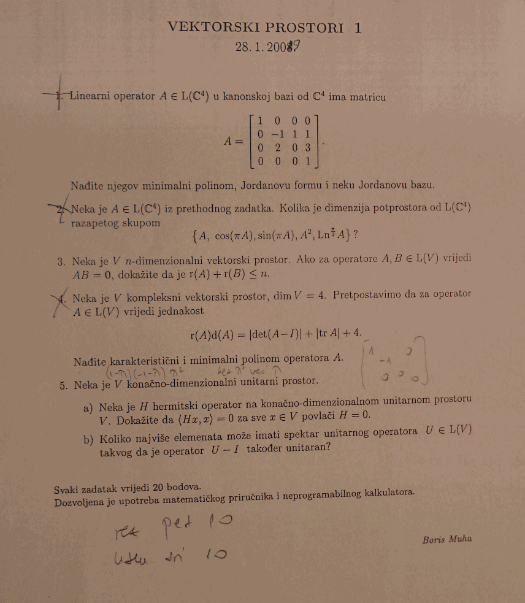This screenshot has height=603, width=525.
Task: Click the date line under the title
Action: (269, 47)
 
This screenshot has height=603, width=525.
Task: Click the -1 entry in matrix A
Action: (278, 134)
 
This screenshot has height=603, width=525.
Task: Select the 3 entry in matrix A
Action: (307, 148)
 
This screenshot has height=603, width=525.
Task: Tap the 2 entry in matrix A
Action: (278, 148)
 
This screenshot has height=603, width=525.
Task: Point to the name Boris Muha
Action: (446, 540)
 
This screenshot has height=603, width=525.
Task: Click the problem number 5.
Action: (64, 385)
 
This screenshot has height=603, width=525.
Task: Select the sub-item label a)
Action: (88, 408)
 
